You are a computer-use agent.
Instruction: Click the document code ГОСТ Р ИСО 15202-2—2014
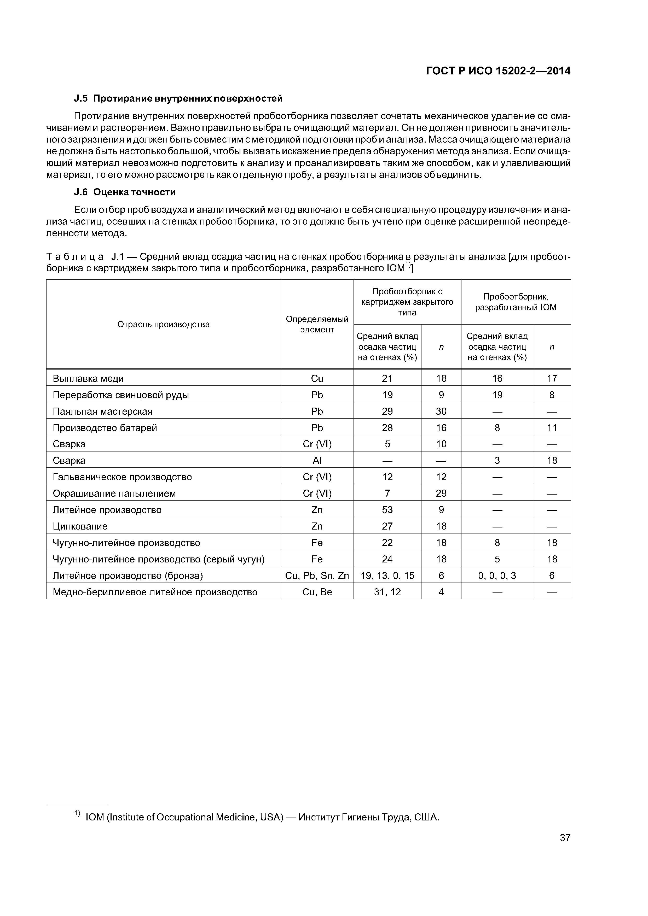[498, 71]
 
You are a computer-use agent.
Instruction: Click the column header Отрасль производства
[163, 324]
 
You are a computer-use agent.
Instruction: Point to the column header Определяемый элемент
[317, 324]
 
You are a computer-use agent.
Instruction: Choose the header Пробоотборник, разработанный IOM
[516, 302]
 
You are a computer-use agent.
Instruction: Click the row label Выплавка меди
[88, 378]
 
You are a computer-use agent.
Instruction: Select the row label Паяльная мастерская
[103, 411]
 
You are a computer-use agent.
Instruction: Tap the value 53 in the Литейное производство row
[387, 510]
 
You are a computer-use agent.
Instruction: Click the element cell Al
[317, 460]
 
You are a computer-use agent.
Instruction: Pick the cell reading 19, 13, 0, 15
[387, 576]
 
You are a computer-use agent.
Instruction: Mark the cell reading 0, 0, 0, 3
[497, 576]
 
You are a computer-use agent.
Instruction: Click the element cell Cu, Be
[317, 592]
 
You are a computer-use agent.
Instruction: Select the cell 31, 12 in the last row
[387, 592]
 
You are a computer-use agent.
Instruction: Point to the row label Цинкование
[80, 526]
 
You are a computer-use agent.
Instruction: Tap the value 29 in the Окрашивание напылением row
[441, 494]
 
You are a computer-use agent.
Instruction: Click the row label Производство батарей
[105, 428]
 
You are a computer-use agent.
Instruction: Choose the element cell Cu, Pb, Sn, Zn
[317, 576]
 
